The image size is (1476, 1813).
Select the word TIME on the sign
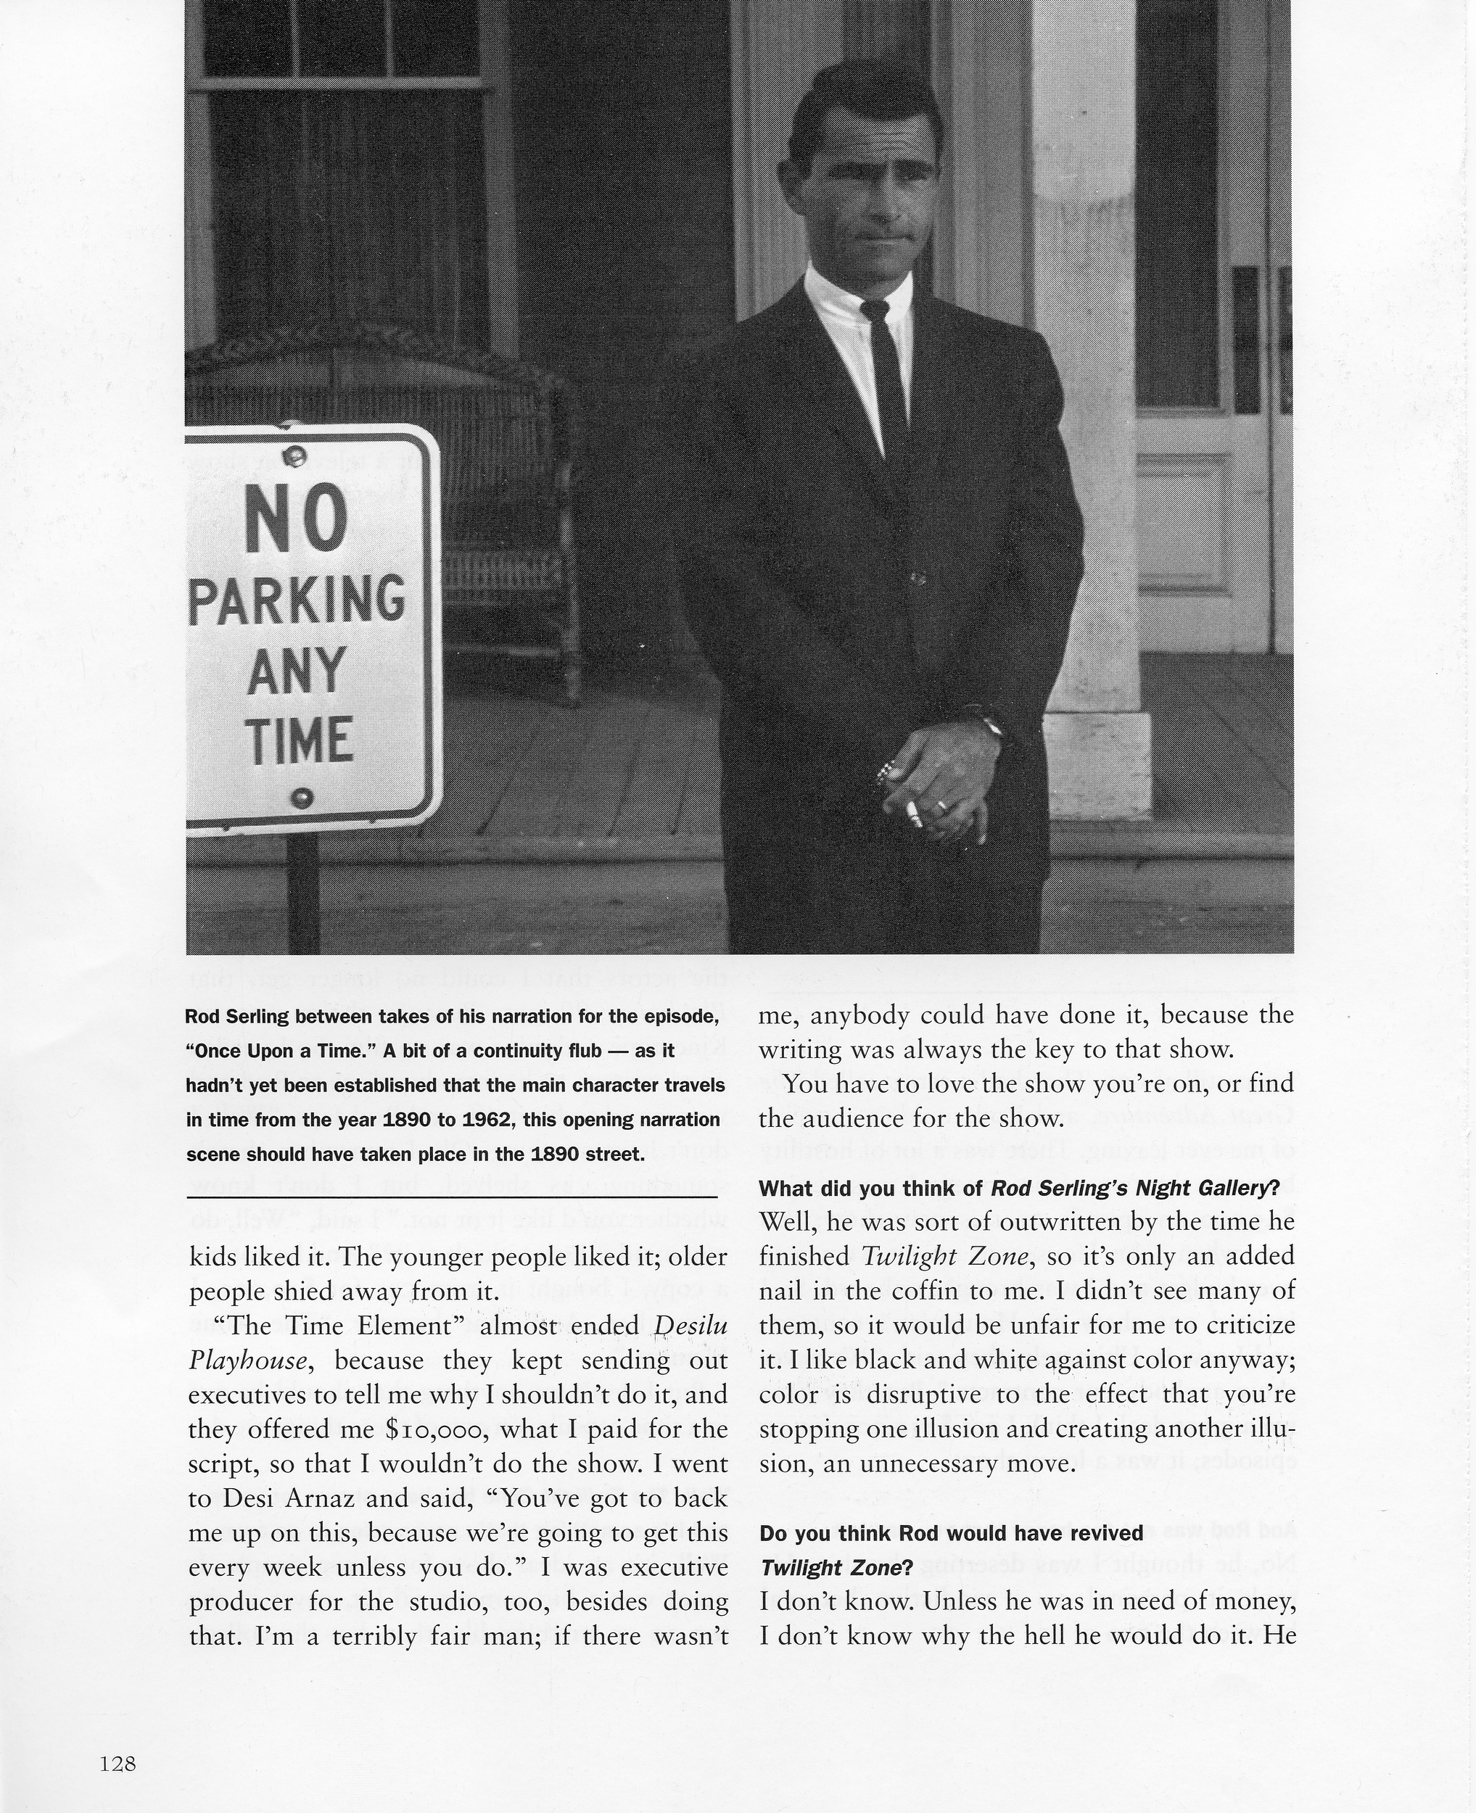click(x=301, y=740)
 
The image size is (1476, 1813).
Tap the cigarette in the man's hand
click(x=912, y=814)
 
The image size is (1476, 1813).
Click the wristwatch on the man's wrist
click(x=989, y=725)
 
